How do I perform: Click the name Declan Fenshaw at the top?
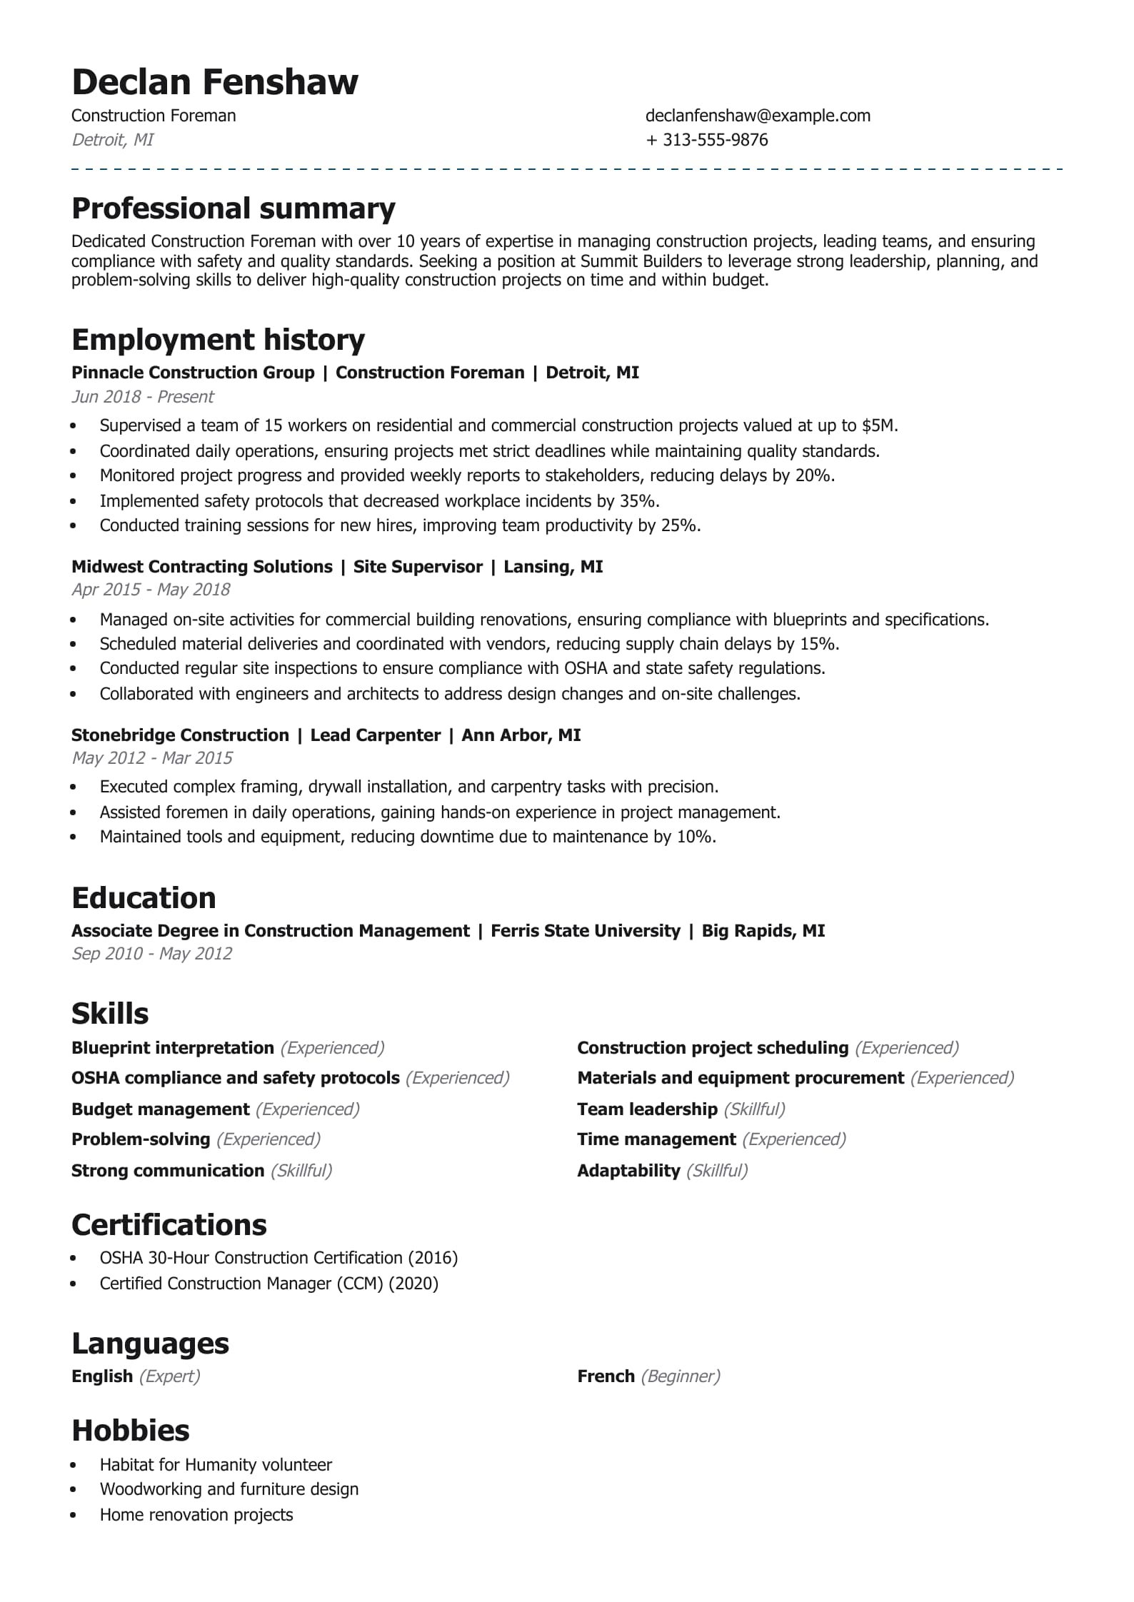(215, 82)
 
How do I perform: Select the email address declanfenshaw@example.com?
(758, 116)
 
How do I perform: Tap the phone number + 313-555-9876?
(707, 140)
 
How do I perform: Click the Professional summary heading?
(234, 208)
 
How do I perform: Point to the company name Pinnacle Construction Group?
(193, 373)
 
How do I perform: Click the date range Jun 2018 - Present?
(143, 397)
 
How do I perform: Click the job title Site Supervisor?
(418, 567)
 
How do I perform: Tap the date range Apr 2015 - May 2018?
(151, 590)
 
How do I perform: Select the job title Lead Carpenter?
(375, 735)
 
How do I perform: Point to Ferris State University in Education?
(586, 931)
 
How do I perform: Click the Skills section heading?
(110, 1014)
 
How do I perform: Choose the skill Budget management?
(160, 1109)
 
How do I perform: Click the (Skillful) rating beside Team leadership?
(754, 1109)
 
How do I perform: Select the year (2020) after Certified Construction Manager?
(413, 1284)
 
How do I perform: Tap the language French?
(606, 1376)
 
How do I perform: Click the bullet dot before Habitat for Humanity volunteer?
(74, 1465)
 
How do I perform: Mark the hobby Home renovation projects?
(196, 1515)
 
